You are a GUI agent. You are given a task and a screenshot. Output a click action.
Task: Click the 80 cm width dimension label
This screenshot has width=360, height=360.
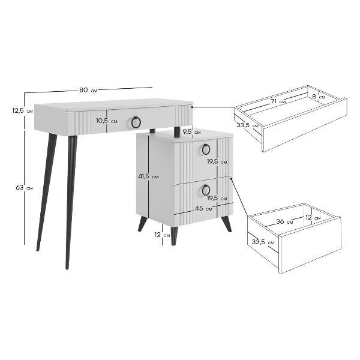pyautogui.click(x=88, y=90)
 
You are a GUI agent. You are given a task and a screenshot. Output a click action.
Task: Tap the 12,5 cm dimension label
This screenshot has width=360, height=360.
pyautogui.click(x=23, y=110)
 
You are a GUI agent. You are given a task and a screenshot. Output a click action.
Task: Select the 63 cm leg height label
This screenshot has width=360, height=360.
pyautogui.click(x=24, y=188)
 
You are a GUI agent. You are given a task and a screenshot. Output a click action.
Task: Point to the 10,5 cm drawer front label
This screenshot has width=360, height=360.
pyautogui.click(x=107, y=121)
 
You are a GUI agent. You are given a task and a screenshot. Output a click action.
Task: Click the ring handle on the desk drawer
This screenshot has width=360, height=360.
pyautogui.click(x=136, y=122)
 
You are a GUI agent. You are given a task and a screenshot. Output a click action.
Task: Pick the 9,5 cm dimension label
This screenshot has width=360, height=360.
pyautogui.click(x=191, y=132)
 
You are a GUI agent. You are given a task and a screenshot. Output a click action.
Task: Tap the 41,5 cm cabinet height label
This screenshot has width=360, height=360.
pyautogui.click(x=148, y=176)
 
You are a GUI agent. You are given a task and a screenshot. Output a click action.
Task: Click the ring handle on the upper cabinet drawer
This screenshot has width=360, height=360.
pyautogui.click(x=206, y=149)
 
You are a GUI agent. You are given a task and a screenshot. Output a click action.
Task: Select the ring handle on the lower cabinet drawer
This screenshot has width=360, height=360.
pyautogui.click(x=206, y=190)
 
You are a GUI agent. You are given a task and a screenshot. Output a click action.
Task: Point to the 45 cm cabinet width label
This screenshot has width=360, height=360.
pyautogui.click(x=203, y=208)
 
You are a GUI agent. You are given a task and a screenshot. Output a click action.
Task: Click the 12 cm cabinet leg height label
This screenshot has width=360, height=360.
pyautogui.click(x=162, y=235)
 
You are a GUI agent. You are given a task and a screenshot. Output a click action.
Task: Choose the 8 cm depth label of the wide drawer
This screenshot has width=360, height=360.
pyautogui.click(x=319, y=97)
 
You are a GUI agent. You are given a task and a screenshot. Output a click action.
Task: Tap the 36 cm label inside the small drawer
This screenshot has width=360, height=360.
pyautogui.click(x=284, y=221)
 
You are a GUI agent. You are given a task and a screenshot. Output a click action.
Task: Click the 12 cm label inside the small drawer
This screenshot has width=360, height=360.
pyautogui.click(x=313, y=217)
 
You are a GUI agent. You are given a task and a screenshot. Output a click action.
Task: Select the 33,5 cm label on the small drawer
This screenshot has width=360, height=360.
pyautogui.click(x=263, y=242)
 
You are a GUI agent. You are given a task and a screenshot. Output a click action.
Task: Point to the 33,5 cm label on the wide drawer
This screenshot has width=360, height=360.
pyautogui.click(x=247, y=125)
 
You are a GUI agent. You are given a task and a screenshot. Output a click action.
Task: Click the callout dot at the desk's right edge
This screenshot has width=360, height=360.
pyautogui.click(x=192, y=107)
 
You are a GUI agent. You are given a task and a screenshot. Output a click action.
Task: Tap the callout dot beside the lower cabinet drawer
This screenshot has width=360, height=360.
pyautogui.click(x=231, y=179)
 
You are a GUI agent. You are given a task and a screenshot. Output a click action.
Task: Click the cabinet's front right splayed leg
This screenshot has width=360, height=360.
pyautogui.click(x=226, y=223)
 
